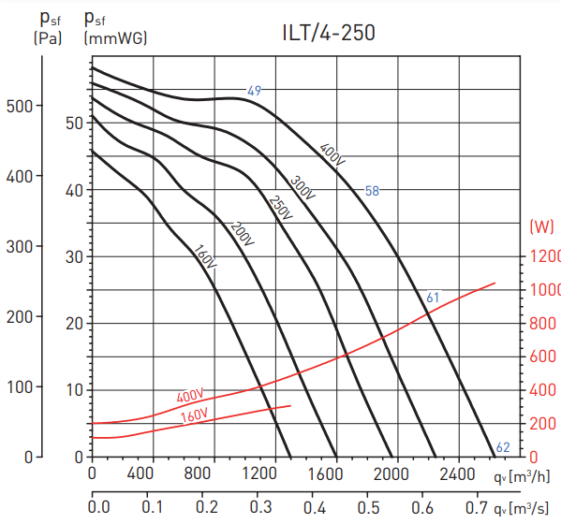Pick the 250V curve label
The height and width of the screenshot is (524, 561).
tap(280, 209)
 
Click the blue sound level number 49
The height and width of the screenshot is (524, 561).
tap(254, 91)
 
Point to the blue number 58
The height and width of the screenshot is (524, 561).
tap(372, 191)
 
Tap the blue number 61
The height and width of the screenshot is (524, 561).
tap(433, 298)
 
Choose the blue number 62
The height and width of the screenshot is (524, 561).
tap(503, 447)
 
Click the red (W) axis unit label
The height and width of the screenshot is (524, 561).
tap(541, 226)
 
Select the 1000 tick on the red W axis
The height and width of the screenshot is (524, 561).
tap(544, 290)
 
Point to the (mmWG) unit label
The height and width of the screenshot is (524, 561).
tap(115, 38)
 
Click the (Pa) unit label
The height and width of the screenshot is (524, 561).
tap(47, 38)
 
